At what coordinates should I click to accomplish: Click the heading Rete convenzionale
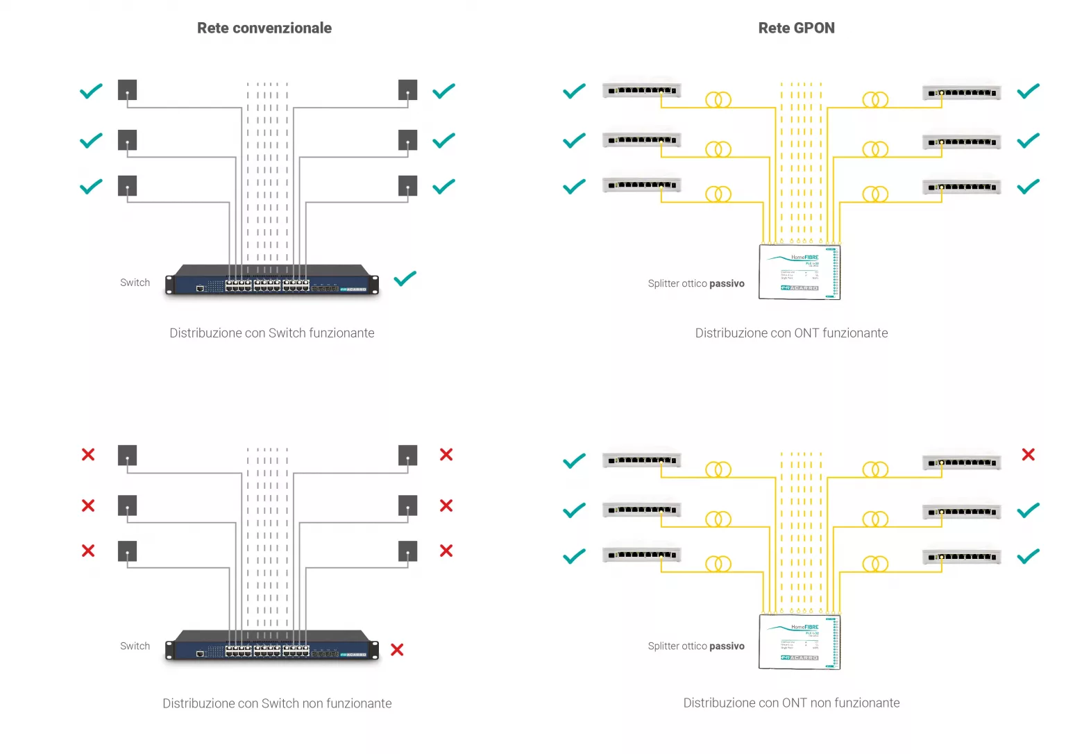point(264,28)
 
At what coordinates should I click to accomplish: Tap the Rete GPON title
point(796,28)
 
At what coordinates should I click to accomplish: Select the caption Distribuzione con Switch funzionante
point(272,333)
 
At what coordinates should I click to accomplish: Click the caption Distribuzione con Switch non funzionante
point(277,703)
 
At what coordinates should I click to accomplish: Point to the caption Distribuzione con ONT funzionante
point(791,333)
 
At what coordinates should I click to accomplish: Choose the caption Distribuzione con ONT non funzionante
point(791,703)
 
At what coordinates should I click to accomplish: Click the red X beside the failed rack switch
point(397,650)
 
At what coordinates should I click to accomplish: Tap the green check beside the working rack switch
point(405,279)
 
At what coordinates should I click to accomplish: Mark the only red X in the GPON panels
point(1029,455)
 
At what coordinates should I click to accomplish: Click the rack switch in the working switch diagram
point(272,280)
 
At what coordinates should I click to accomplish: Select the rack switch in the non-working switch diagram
point(272,646)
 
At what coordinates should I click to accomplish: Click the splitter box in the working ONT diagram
point(799,272)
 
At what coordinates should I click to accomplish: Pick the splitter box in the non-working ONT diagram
point(799,642)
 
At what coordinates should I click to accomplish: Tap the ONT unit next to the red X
point(962,462)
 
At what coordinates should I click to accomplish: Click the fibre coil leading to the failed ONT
point(875,470)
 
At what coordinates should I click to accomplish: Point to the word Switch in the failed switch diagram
point(135,646)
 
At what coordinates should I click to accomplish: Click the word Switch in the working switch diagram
point(135,283)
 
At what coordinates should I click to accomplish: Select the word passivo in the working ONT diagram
point(727,284)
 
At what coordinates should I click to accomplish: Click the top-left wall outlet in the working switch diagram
point(127,90)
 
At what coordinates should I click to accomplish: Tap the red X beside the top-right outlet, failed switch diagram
point(446,455)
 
